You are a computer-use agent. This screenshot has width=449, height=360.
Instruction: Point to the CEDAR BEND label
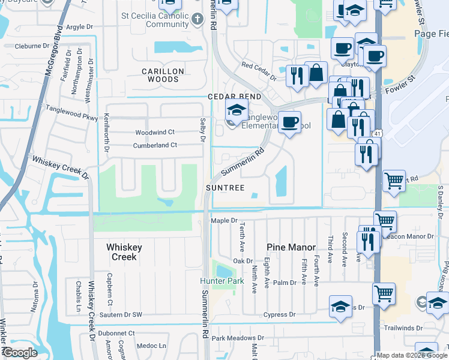pos(235,97)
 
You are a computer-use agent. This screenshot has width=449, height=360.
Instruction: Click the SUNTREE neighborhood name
pos(225,188)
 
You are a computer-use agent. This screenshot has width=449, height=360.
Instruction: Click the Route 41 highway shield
pos(376,133)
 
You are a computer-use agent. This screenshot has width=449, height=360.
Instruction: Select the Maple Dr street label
pos(224,221)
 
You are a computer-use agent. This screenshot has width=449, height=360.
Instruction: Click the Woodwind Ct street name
pos(154,132)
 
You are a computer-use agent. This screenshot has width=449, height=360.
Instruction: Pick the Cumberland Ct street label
pos(155,145)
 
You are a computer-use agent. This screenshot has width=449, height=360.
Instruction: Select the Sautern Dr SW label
pos(122,314)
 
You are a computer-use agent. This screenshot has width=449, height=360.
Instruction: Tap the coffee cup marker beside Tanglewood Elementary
pos(290,122)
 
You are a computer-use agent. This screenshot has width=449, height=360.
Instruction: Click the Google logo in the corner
pos(20,353)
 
